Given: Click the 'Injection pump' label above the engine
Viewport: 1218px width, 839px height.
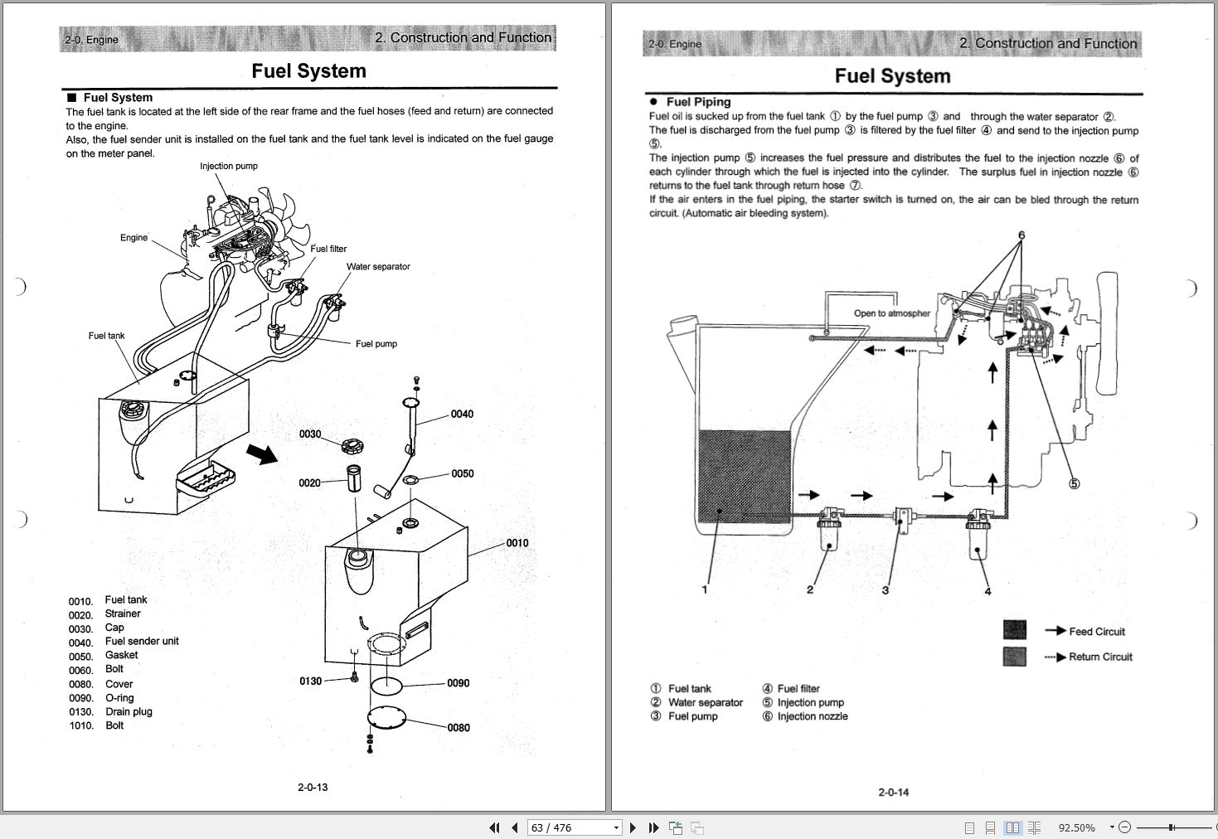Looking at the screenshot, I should coord(228,166).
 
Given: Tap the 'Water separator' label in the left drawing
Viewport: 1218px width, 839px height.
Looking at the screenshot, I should coord(378,267).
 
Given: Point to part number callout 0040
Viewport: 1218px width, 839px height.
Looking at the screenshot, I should coord(462,415).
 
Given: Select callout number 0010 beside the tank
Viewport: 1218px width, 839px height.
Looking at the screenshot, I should coord(517,543).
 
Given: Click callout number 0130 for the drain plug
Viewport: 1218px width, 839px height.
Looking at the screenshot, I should coord(310,681).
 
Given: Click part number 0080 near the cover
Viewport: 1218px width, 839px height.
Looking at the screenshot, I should coord(459,728).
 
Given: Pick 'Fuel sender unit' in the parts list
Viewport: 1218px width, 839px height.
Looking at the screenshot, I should coord(142,642).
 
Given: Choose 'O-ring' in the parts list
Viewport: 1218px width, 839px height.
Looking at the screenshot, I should coord(119,698).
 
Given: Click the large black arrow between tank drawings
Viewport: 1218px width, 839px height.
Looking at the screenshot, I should coord(262,453).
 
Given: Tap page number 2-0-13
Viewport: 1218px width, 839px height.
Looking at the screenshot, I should coord(313,787).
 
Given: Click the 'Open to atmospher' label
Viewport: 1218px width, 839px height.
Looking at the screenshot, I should coord(892,313).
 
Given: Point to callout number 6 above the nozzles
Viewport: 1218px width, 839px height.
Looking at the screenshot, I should coord(1021,235).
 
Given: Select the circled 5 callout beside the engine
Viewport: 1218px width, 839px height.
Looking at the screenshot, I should coord(1074,483).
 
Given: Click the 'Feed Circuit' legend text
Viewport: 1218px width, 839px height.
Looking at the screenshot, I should coord(1097,632).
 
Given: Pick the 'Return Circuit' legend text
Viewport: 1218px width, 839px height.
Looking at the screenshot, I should coord(1100,657).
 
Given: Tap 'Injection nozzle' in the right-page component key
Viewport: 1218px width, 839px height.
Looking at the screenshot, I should coord(812,716).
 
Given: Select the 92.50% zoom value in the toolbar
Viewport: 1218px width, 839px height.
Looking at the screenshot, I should coord(1076,827).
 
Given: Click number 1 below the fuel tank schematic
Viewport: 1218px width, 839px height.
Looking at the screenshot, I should coord(705,589).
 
